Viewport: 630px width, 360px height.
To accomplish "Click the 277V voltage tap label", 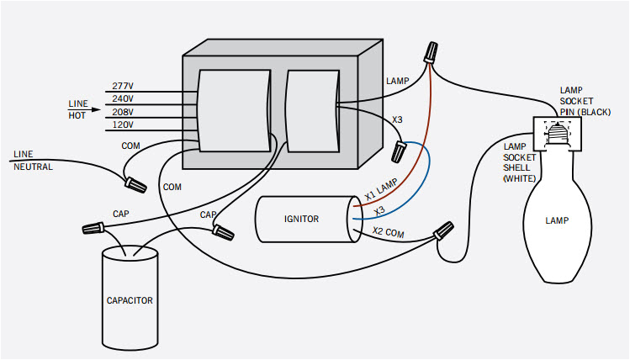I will tap(124, 87).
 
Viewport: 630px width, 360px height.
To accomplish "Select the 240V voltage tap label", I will tap(124, 99).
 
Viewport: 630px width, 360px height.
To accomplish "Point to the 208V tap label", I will tap(124, 112).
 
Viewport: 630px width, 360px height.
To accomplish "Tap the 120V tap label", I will tap(124, 125).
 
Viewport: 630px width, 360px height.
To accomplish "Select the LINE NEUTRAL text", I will tap(33, 161).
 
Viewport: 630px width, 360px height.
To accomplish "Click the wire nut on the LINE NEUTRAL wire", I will tap(134, 181).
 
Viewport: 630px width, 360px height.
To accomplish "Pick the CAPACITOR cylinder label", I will tap(130, 299).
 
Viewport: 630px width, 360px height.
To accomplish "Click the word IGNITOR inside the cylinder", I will tap(301, 219).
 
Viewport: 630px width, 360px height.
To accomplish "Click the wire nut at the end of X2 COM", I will tap(443, 229).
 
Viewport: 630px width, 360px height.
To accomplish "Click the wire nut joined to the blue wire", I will tap(400, 151).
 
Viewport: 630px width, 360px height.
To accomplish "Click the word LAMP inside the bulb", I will tap(557, 221).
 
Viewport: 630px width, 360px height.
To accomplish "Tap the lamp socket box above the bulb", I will tap(555, 130).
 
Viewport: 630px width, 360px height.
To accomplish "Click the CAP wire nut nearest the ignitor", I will tap(223, 230).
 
